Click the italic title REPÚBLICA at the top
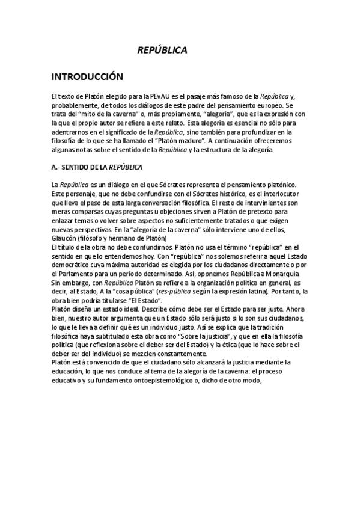click(162, 51)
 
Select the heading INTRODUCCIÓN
click(87, 77)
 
